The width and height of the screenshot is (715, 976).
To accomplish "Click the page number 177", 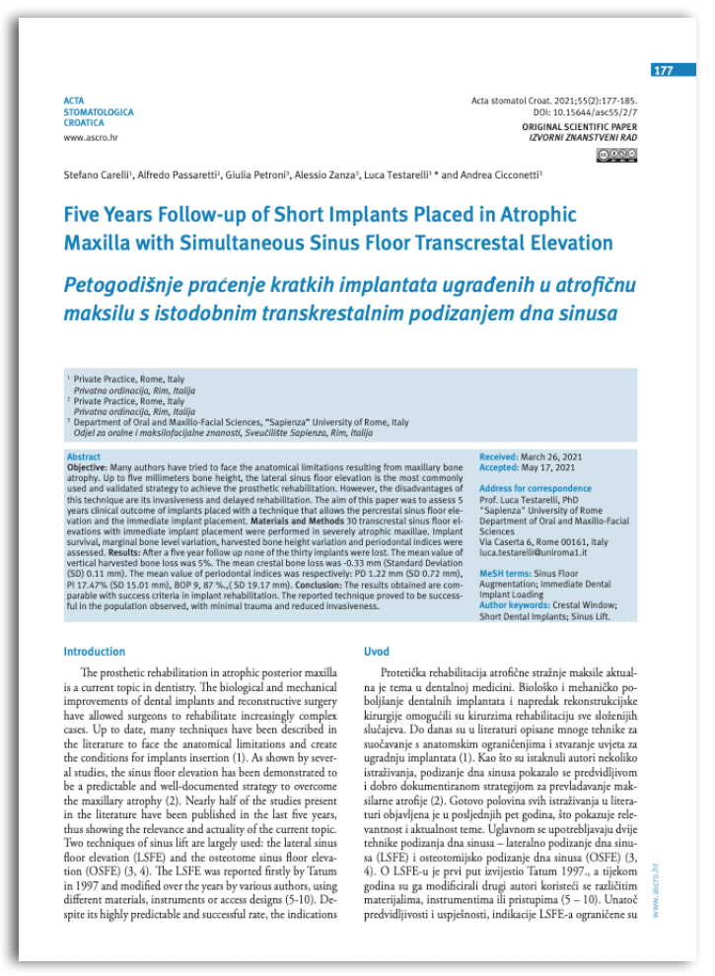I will click(x=663, y=71).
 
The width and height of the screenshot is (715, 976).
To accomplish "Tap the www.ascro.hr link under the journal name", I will click(x=86, y=138).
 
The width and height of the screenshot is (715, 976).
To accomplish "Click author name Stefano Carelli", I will click(x=97, y=174).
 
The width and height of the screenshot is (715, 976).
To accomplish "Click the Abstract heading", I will click(x=83, y=457).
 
